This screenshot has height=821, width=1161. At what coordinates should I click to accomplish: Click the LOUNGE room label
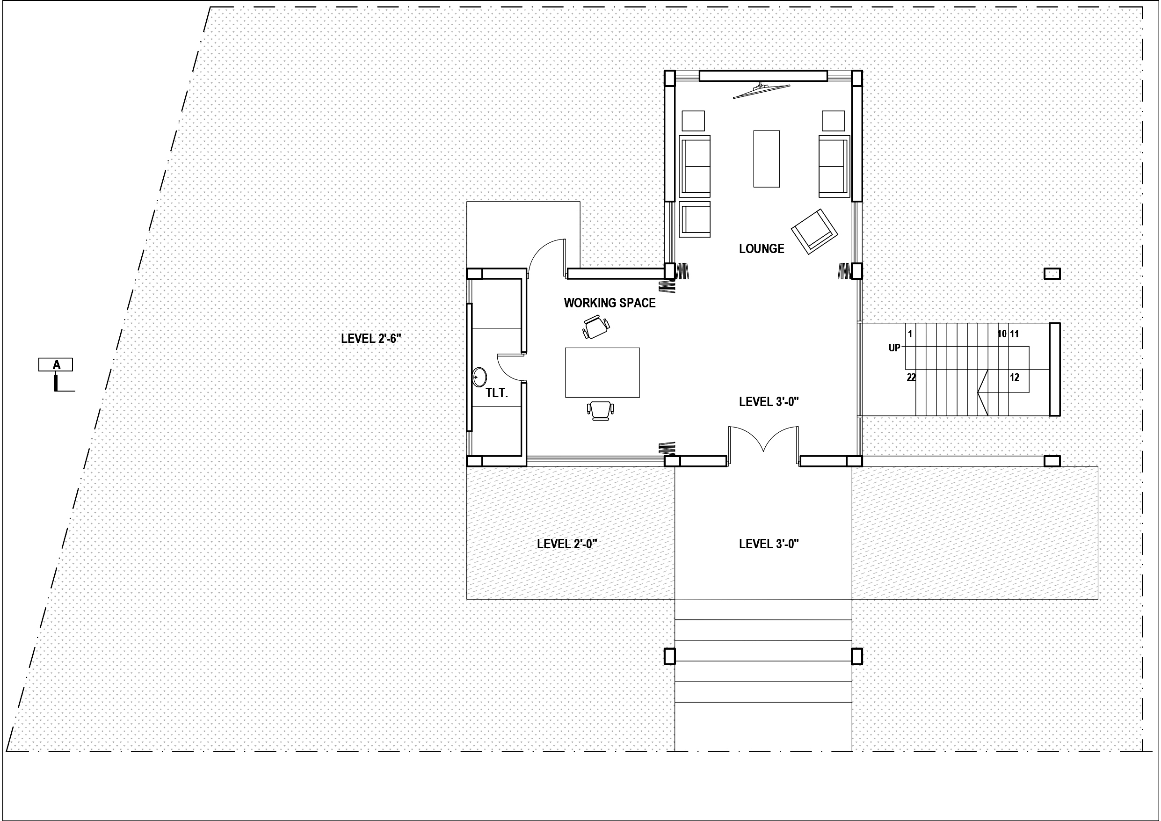click(762, 248)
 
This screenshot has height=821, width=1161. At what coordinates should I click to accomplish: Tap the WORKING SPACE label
click(610, 303)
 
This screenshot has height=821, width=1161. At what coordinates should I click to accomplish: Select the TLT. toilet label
click(497, 393)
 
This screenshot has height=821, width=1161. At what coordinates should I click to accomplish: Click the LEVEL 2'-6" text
click(371, 338)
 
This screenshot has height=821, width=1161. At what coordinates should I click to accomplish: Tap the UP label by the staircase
click(894, 348)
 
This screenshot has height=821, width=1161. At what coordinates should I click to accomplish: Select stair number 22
click(911, 378)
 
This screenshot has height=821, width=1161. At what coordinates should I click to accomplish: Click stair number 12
click(1015, 378)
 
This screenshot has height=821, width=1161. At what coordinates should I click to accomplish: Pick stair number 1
click(910, 334)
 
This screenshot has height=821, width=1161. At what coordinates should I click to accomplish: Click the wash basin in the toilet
click(479, 377)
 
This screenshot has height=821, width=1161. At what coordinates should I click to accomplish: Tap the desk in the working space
click(602, 372)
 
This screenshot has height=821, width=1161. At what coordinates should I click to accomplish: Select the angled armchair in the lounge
click(814, 231)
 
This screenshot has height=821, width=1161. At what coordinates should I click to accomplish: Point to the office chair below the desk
click(600, 410)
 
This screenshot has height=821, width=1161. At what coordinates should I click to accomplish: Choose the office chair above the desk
click(595, 327)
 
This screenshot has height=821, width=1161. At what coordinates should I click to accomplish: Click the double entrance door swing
click(763, 440)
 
